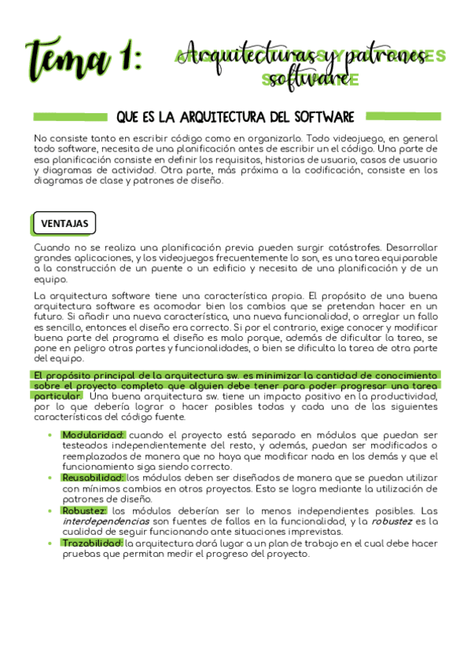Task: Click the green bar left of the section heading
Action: pyautogui.click(x=70, y=117)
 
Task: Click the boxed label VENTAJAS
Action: pyautogui.click(x=64, y=224)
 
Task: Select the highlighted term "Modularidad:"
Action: pyautogui.click(x=93, y=434)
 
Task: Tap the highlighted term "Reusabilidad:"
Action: pyautogui.click(x=93, y=477)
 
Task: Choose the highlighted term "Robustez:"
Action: pyautogui.click(x=84, y=510)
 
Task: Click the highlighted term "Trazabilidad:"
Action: pyautogui.click(x=92, y=543)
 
